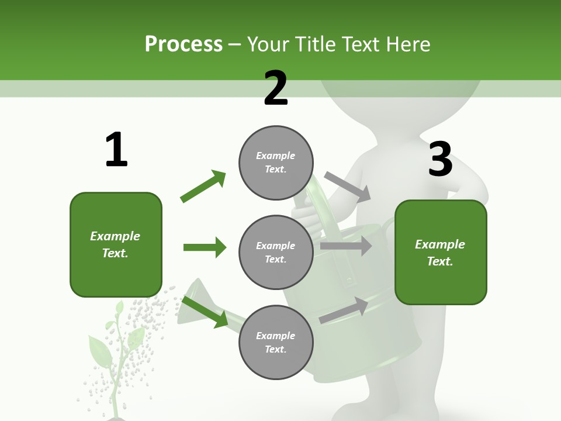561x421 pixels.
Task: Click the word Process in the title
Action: coord(183,44)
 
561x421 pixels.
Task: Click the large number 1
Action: coord(116,150)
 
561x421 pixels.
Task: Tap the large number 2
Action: coord(276,88)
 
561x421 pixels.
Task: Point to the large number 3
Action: coord(441,159)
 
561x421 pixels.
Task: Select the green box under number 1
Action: coord(116,244)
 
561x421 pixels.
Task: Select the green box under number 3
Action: coord(441,253)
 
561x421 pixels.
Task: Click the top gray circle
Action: coord(276,163)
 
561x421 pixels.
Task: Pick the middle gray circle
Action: coord(276,253)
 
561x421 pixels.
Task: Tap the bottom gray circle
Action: coord(276,343)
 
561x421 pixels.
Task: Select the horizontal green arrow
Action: coord(205,247)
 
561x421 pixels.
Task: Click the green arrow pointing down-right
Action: coord(205,312)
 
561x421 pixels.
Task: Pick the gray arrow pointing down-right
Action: coord(348,187)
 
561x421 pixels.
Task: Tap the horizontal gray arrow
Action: coord(346,246)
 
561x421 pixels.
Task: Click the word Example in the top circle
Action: coord(276,156)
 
